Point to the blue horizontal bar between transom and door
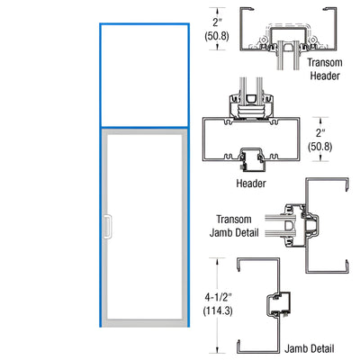(x=143, y=127)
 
